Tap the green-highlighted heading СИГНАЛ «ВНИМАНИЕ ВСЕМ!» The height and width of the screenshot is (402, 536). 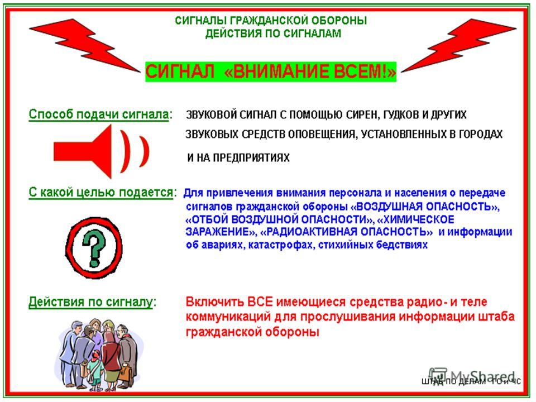pyautogui.click(x=271, y=72)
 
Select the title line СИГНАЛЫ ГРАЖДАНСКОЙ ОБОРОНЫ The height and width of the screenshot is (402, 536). pyautogui.click(x=271, y=21)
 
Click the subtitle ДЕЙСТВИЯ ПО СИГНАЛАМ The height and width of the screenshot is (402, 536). pyautogui.click(x=272, y=33)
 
